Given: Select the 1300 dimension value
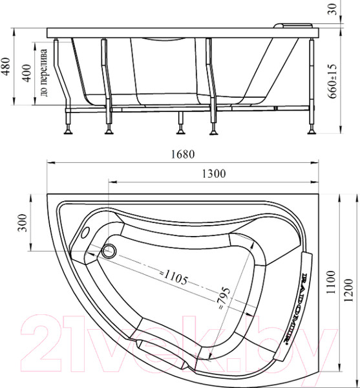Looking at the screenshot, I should (213, 173).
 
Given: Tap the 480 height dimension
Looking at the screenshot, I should (8, 65).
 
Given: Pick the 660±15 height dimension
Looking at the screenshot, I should (333, 77).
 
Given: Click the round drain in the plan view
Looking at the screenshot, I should (110, 251).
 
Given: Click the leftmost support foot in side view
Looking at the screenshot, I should (67, 133).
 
